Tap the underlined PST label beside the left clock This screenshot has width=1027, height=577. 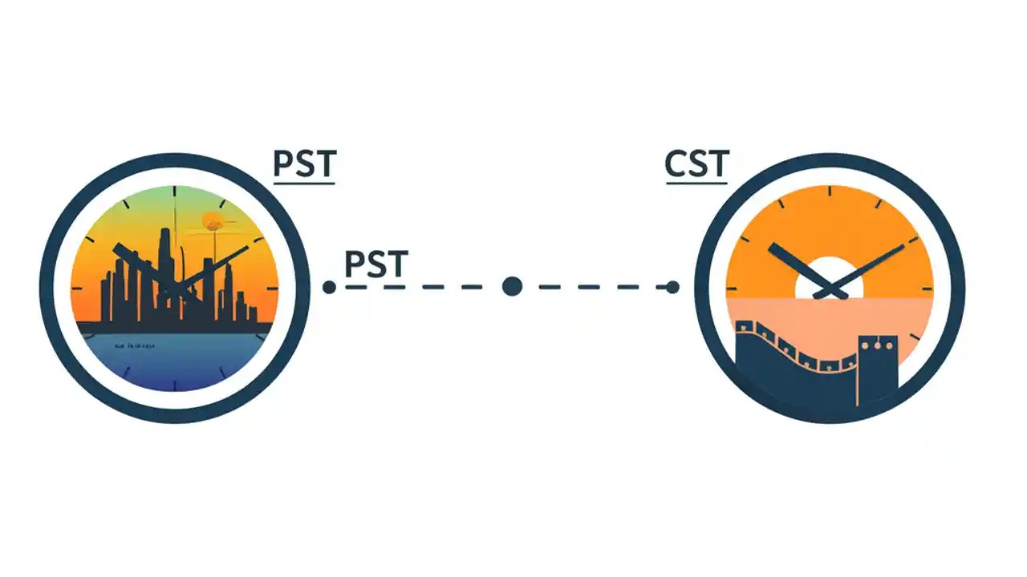[304, 164]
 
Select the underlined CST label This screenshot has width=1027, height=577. [696, 164]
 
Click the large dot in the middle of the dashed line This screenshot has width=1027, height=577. [512, 286]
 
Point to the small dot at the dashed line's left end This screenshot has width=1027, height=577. [329, 287]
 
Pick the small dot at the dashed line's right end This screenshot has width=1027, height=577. [672, 287]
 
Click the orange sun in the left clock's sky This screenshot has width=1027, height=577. [213, 220]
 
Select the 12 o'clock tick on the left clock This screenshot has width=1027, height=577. [175, 192]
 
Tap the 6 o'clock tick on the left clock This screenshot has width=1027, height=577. [175, 383]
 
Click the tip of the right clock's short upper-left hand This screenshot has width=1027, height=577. [772, 246]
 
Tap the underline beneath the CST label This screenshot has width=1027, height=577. [696, 184]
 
